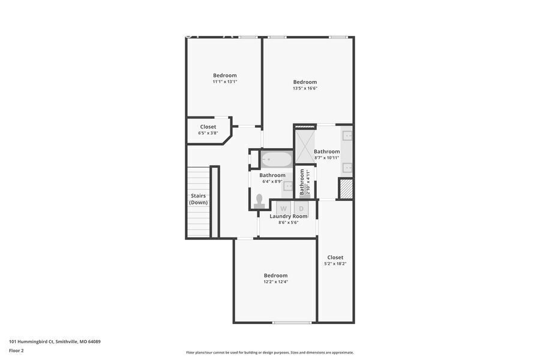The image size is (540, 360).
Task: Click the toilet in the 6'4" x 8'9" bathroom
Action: (259, 202)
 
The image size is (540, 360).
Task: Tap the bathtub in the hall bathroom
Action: (277, 160)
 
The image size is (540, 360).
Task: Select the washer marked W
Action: (283, 208)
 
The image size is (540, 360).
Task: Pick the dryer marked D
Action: (301, 208)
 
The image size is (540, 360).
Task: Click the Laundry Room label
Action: (289, 217)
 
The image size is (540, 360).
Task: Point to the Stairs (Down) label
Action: (199, 199)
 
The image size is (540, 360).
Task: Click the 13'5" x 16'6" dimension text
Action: (305, 88)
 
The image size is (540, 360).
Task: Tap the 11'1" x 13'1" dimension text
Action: (225, 82)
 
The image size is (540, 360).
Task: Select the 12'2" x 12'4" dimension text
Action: (276, 282)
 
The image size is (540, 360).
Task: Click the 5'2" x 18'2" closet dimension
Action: (335, 264)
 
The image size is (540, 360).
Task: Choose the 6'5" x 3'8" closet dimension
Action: (208, 133)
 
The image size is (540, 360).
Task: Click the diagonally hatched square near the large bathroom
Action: (346, 189)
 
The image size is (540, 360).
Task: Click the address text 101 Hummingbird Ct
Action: (31, 342)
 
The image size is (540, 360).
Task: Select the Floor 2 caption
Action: (16, 350)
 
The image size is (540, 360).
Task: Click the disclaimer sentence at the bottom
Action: (270, 352)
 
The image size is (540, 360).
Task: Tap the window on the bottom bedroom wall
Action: (292, 322)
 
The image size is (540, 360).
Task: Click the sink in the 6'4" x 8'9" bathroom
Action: (288, 186)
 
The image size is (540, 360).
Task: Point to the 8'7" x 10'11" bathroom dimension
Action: (327, 158)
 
